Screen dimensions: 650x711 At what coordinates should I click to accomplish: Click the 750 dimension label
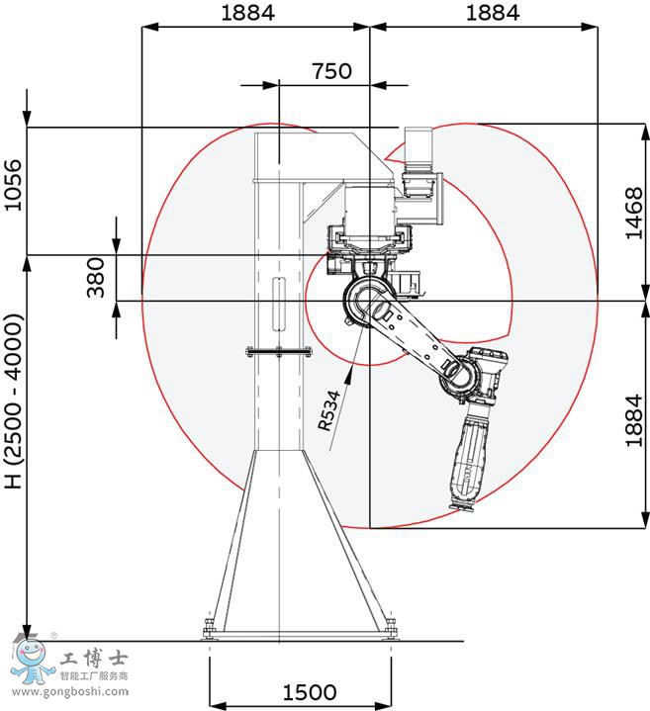tap(331, 71)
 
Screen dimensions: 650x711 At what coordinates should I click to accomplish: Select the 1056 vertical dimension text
tap(13, 185)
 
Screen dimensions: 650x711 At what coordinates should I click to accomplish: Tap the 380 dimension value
tap(95, 278)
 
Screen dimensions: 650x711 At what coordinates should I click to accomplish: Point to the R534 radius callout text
tap(328, 410)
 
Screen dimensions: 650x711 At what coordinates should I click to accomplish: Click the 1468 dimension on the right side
tap(634, 214)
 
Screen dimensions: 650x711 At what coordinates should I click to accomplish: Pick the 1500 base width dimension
tap(310, 692)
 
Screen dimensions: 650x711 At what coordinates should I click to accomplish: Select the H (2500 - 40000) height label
tap(14, 401)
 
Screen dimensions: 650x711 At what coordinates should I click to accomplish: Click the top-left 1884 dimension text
tap(247, 13)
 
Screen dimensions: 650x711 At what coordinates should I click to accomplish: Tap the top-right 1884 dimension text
tap(493, 13)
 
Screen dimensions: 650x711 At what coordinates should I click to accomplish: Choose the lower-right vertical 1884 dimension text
tap(634, 421)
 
